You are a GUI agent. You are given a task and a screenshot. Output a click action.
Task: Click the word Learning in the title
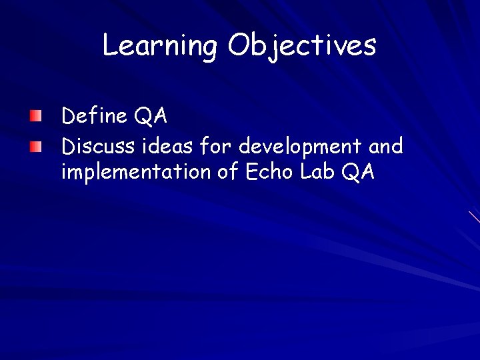(x=159, y=46)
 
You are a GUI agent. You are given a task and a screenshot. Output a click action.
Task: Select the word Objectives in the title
(x=302, y=46)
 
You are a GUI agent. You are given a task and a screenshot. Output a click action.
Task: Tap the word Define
(x=94, y=116)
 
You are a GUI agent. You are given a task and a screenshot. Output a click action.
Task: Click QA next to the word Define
(x=151, y=117)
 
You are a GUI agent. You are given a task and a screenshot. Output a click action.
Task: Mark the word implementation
(x=137, y=173)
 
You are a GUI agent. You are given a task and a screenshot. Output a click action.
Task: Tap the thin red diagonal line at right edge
(x=474, y=216)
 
